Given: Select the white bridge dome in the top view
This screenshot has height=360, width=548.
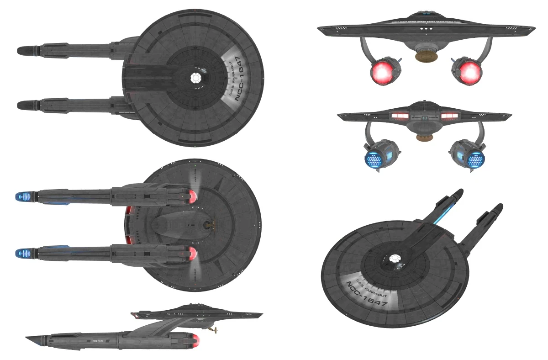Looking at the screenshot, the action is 196,78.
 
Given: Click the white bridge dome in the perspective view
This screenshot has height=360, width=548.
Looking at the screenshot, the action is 394,259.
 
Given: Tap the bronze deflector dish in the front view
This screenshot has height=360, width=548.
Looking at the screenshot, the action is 424,56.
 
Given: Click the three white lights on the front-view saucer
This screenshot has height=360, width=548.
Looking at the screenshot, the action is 424,29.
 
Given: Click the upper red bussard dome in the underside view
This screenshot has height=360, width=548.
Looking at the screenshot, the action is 193,197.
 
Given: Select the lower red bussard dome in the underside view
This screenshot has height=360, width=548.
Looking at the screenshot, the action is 193,253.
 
